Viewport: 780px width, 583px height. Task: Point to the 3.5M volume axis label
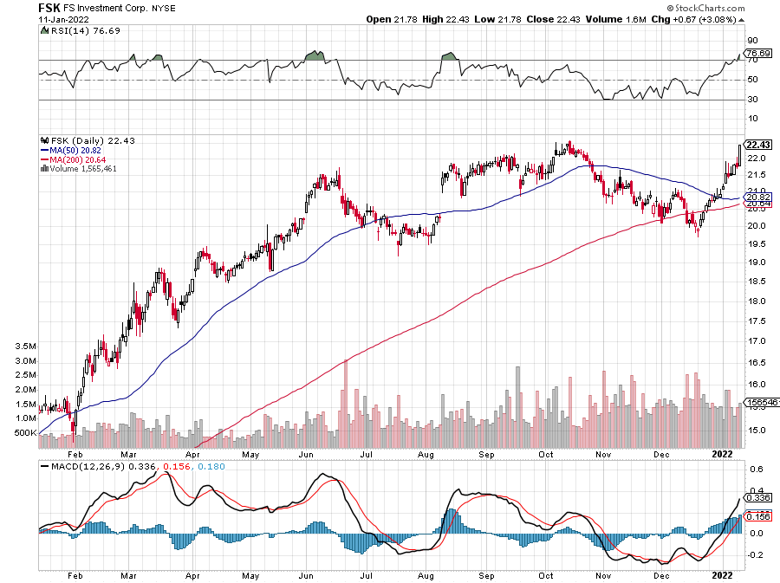click(x=27, y=346)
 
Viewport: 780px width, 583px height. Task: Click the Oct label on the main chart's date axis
click(x=547, y=452)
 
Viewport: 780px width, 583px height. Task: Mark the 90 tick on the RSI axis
click(x=752, y=40)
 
